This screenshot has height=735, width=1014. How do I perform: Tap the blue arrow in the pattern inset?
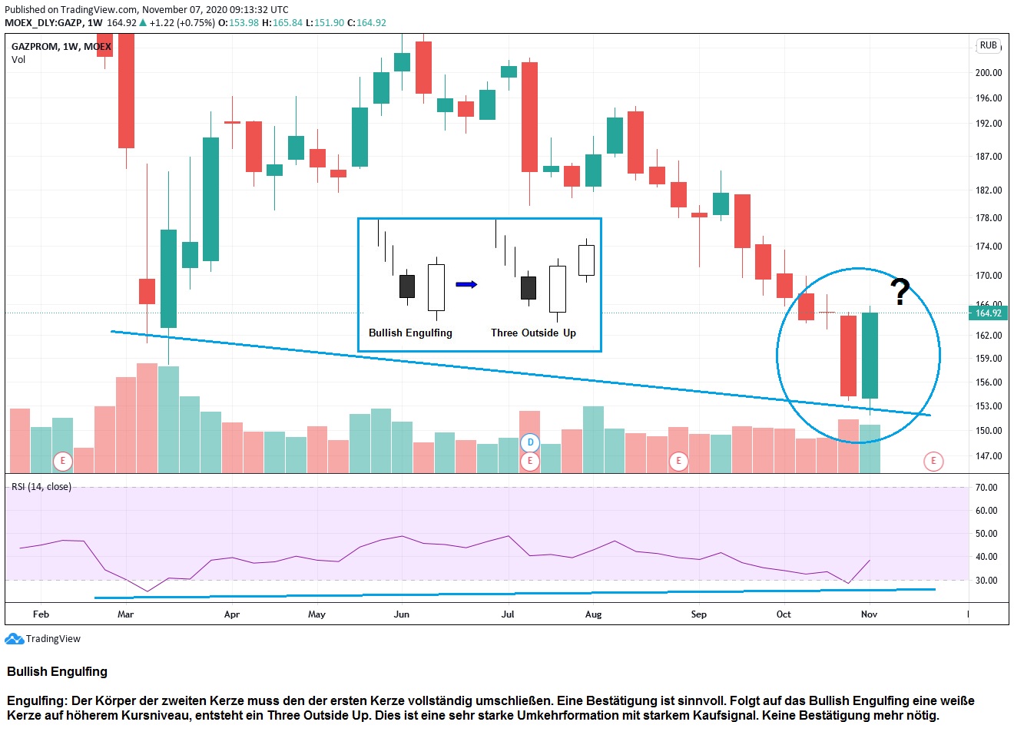tap(466, 284)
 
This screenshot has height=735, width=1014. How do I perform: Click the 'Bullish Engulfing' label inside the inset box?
tap(410, 333)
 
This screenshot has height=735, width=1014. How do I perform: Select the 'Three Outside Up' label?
tap(533, 333)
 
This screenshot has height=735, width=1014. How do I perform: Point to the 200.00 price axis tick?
tap(988, 72)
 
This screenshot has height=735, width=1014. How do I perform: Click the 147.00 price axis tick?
tap(988, 455)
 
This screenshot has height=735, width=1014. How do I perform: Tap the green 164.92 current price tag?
tap(988, 313)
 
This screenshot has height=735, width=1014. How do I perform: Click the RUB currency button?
tap(988, 45)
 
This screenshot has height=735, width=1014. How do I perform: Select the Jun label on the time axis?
tap(401, 614)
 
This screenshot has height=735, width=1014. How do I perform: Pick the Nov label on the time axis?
tap(869, 614)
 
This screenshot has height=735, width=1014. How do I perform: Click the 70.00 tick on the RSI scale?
tap(986, 488)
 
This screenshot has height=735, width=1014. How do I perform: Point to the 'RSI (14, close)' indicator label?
tap(41, 487)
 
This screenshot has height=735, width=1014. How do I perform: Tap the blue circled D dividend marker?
tap(530, 442)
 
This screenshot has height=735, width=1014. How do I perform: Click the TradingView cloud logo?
tap(14, 639)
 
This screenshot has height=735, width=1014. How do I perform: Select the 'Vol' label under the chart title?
tap(18, 60)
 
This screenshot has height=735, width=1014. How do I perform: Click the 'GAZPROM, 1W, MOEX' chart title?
tap(61, 47)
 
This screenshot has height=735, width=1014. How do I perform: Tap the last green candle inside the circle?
tap(870, 355)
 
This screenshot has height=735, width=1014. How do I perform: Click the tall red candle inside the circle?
tap(848, 356)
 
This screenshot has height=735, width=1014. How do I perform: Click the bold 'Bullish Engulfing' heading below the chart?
tap(58, 672)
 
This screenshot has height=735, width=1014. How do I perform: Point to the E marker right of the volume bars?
tap(933, 461)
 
